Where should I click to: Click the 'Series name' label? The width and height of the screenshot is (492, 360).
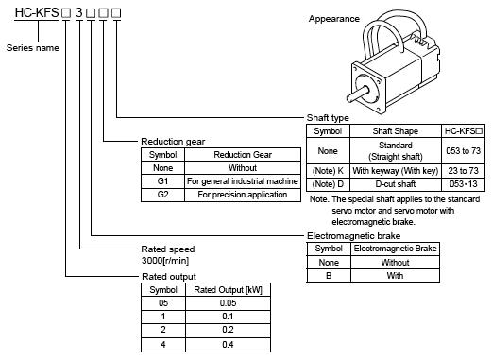[x=33, y=48]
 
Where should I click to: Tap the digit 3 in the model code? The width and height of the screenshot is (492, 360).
[x=79, y=12]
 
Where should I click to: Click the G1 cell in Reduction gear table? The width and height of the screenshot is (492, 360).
[x=162, y=181]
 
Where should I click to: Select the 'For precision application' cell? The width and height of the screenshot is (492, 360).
[x=243, y=195]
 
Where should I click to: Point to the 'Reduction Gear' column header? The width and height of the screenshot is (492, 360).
[x=243, y=155]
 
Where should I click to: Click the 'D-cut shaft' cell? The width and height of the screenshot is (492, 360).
[x=396, y=184]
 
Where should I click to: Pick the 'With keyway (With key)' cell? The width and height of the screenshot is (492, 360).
[x=396, y=171]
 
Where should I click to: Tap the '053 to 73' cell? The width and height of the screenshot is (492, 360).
[x=464, y=151]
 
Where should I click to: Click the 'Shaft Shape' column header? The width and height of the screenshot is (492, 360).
[x=396, y=131]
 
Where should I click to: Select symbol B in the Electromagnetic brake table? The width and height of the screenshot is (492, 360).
[x=329, y=276]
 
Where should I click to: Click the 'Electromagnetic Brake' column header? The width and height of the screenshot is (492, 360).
[x=395, y=249]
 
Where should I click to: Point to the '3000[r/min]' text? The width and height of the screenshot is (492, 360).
[x=165, y=261]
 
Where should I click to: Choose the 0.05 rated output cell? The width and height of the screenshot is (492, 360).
[x=228, y=303]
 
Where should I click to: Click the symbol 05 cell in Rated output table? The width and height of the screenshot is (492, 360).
[x=163, y=303]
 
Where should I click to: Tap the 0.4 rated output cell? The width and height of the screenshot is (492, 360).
[x=228, y=344]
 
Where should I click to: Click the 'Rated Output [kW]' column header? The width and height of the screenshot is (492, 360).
[x=228, y=290]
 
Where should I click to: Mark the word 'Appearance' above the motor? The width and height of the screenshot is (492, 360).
[x=334, y=19]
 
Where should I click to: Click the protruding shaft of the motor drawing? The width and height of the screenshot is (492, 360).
[x=358, y=94]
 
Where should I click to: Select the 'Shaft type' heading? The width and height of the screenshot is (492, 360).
[x=328, y=118]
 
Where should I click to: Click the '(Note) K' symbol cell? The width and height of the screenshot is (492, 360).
[x=328, y=171]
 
